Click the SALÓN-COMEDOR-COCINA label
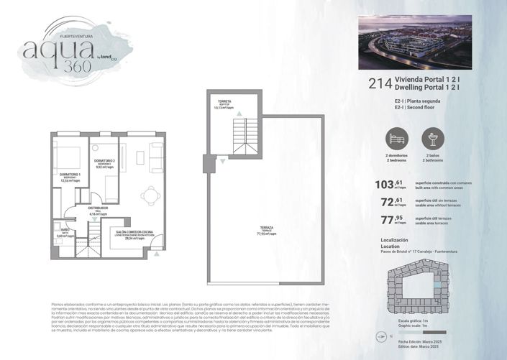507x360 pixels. click(x=134, y=234)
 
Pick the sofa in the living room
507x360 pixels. click(x=156, y=154)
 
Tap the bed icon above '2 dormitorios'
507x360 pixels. click(x=397, y=138)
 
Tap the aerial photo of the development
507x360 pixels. click(x=415, y=42)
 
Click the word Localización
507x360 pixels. click(x=393, y=239)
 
